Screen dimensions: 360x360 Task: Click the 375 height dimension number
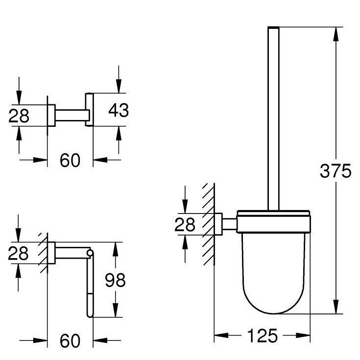tap(336, 171)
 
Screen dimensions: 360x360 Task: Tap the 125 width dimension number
tap(263, 336)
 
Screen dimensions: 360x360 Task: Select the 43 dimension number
tap(119, 110)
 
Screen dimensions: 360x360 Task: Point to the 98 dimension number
tap(115, 280)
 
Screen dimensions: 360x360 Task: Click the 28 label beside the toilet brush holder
tap(185, 224)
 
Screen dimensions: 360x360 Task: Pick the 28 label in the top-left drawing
tap(19, 116)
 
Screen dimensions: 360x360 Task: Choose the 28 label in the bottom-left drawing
tap(19, 253)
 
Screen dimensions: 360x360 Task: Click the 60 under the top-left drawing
tap(70, 160)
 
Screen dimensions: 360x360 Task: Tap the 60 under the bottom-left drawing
tap(70, 341)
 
